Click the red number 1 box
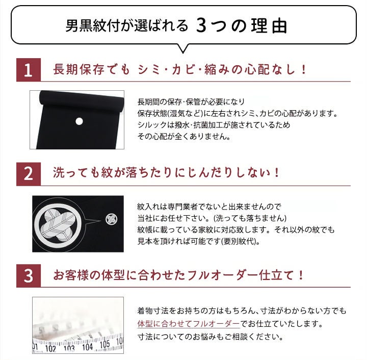click(x=29, y=70)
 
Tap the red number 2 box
click(x=29, y=174)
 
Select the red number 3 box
click(x=29, y=275)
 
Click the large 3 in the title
click(x=201, y=25)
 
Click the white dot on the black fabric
click(x=80, y=121)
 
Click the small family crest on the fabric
click(x=112, y=219)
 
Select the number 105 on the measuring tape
click(x=104, y=344)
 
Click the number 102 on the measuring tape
click(x=50, y=349)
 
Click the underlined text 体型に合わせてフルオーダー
click(x=189, y=324)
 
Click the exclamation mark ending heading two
click(x=277, y=173)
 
